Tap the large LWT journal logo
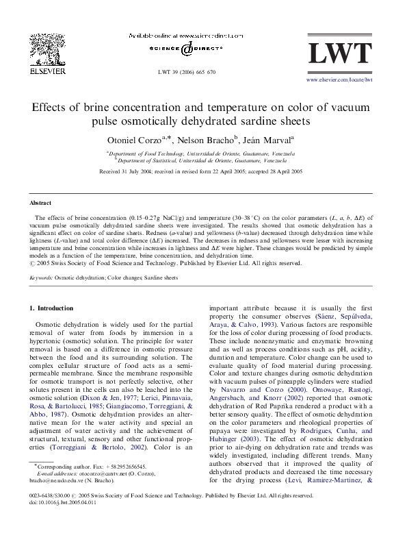pyautogui.click(x=339, y=54)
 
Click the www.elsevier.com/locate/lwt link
pyautogui.click(x=339, y=79)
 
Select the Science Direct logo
pyautogui.click(x=186, y=49)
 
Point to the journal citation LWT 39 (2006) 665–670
pyautogui.click(x=187, y=71)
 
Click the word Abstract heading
pyautogui.click(x=40, y=203)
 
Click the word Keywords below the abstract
pyautogui.click(x=41, y=278)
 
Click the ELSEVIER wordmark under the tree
pyautogui.click(x=49, y=70)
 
